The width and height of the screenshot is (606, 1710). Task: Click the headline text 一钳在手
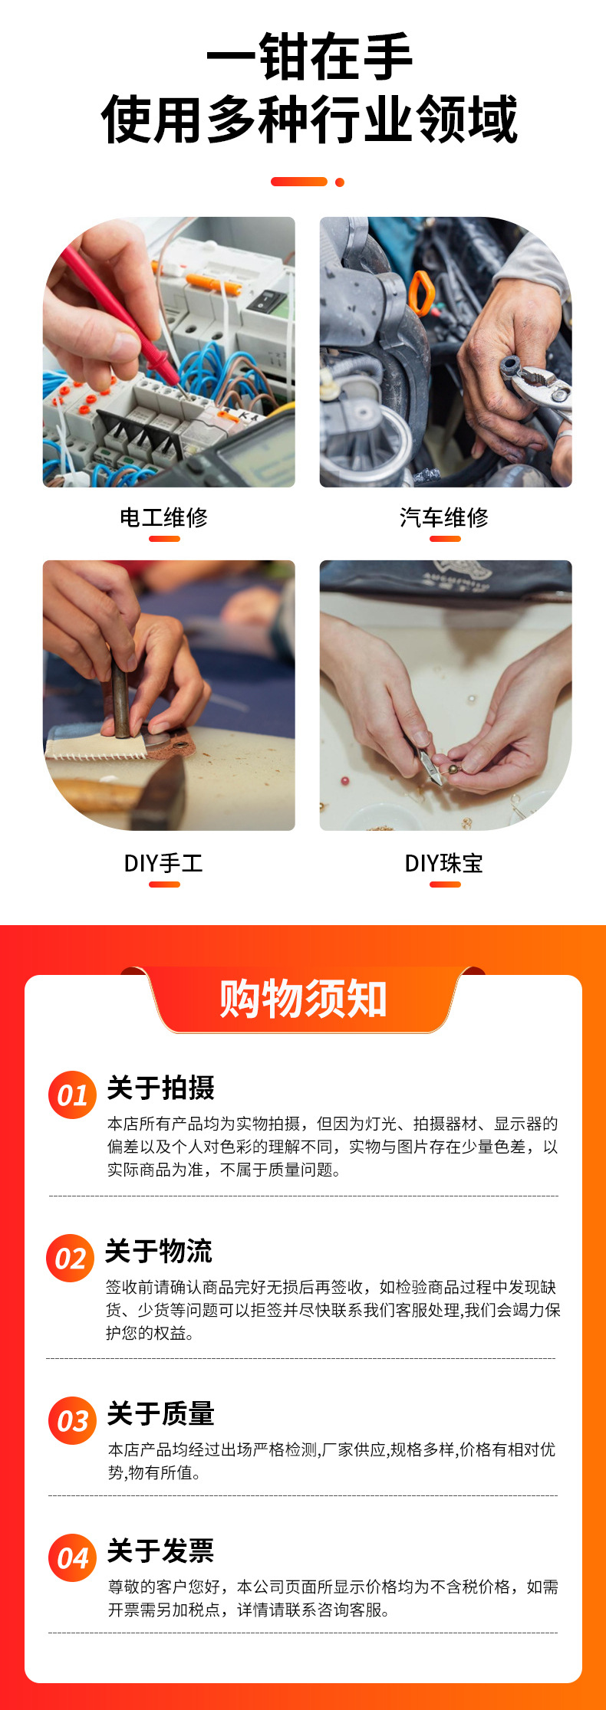(309, 57)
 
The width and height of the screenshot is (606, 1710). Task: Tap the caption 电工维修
(163, 518)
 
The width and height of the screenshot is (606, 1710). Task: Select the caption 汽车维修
(443, 518)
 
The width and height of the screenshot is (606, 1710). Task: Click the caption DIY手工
(163, 864)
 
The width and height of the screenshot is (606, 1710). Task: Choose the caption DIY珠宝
(443, 864)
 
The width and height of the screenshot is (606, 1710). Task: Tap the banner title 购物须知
(303, 999)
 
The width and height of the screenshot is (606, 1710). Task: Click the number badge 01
(72, 1095)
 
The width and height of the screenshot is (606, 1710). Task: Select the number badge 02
(70, 1259)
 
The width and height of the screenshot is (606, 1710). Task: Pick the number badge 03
(72, 1421)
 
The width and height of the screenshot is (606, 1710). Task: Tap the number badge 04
(72, 1558)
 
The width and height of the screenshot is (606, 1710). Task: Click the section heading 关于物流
(159, 1251)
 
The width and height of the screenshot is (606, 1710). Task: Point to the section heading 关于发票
(160, 1551)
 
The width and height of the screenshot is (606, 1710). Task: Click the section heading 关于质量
(160, 1413)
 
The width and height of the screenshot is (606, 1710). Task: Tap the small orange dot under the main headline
(340, 182)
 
